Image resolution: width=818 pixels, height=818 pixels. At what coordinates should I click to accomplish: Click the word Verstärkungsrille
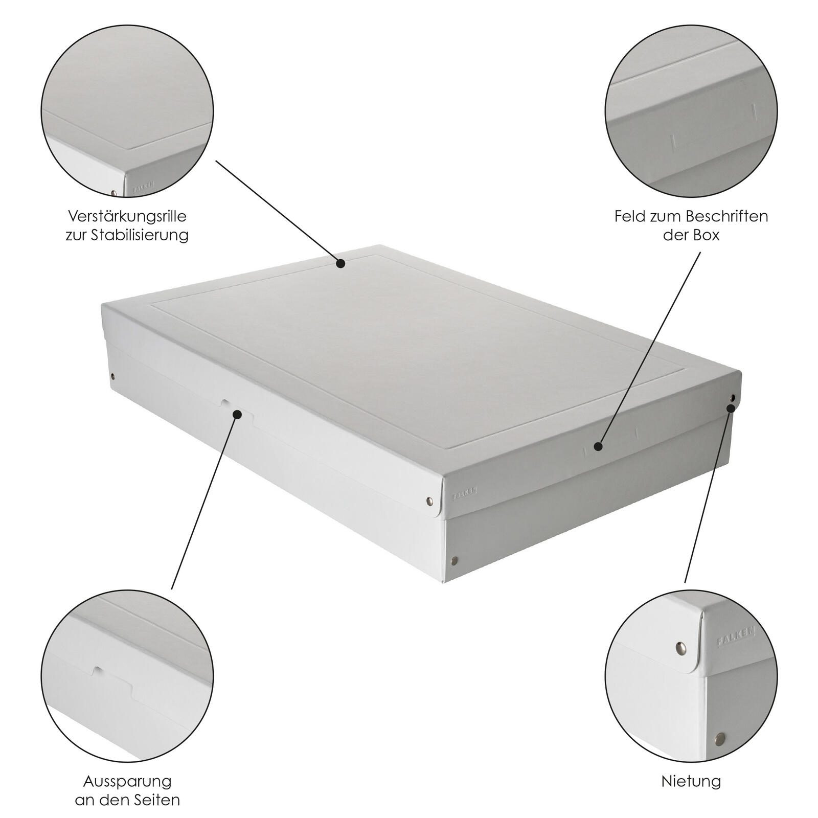[127, 216]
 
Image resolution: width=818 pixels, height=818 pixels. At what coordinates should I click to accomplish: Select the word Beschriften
[726, 216]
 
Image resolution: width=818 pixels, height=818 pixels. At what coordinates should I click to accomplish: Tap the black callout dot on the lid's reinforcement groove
[340, 263]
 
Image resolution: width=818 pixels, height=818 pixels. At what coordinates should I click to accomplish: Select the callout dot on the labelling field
[599, 446]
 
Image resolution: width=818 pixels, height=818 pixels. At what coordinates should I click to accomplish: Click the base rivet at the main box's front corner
[453, 562]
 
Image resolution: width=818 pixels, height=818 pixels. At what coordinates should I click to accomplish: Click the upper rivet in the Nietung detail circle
[680, 647]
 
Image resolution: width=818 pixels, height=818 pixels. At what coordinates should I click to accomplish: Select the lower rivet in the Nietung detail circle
[720, 737]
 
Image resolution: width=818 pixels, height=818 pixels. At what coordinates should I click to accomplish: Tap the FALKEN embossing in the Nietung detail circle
[736, 637]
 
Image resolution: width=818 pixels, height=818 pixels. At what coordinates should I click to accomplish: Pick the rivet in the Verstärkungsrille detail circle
[114, 193]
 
